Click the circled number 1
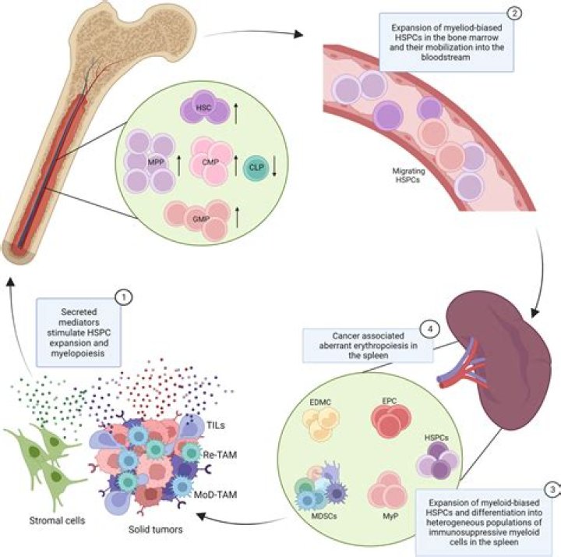[x=123, y=296]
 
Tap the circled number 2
[x=515, y=13]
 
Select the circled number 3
[x=552, y=490]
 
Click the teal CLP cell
[x=251, y=167]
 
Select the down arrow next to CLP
[x=274, y=167]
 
